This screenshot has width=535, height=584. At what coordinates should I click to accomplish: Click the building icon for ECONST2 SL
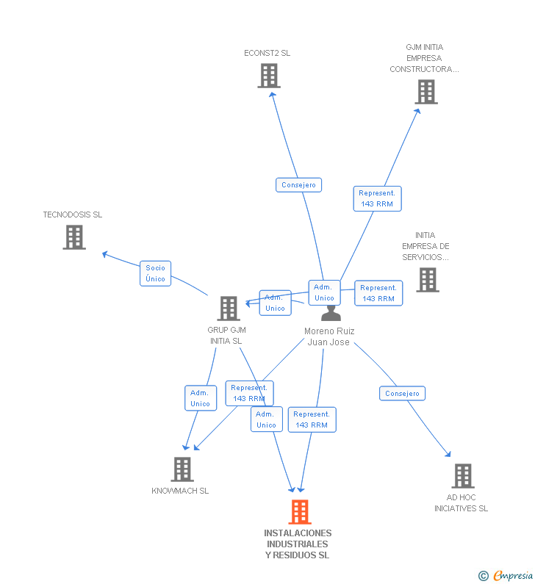click(269, 76)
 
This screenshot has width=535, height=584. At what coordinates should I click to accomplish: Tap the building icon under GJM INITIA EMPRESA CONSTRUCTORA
click(426, 92)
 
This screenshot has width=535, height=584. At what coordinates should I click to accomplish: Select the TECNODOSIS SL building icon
click(74, 237)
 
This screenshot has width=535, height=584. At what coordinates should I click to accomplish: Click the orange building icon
click(300, 512)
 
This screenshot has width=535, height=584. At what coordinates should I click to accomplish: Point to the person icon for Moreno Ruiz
click(331, 313)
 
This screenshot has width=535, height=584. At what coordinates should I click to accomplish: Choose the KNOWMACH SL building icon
click(182, 469)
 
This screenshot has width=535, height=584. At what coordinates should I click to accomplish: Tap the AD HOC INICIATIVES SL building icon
click(463, 476)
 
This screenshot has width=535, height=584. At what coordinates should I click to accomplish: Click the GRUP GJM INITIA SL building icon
click(229, 309)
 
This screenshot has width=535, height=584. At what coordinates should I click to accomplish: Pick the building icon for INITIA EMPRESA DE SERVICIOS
click(427, 280)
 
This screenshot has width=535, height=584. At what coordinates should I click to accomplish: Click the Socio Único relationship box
click(155, 273)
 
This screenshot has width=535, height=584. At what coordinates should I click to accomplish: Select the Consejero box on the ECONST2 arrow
click(298, 184)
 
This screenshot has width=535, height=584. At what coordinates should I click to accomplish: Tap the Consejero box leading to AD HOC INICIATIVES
click(402, 393)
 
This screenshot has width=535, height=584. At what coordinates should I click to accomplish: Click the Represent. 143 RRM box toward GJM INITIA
click(377, 198)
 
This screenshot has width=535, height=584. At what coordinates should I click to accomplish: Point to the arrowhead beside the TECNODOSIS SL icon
click(105, 254)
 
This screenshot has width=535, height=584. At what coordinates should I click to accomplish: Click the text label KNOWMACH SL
click(180, 491)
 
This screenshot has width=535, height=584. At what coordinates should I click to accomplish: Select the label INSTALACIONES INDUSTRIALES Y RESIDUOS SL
click(298, 544)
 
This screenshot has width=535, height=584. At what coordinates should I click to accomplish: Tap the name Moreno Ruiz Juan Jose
click(329, 336)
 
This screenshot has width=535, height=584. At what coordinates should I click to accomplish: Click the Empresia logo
click(506, 575)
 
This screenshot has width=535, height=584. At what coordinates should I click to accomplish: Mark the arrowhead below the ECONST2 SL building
click(273, 95)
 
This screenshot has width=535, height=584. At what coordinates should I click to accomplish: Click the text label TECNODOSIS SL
click(72, 215)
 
